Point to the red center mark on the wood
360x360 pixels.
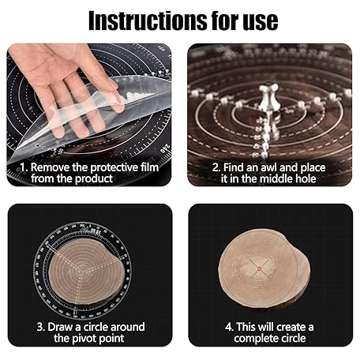pyautogui.click(x=259, y=268)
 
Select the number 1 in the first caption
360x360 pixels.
pyautogui.click(x=24, y=167)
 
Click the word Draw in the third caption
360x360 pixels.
pyautogui.click(x=60, y=327)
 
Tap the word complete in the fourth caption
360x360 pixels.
pyautogui.click(x=256, y=339)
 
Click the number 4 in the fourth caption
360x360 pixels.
pyautogui.click(x=228, y=327)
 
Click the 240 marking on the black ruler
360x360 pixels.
pyautogui.click(x=166, y=149)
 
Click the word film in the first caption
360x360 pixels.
pyautogui.click(x=149, y=167)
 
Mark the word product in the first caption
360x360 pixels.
pyautogui.click(x=94, y=179)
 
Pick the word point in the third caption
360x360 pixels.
pyautogui.click(x=112, y=339)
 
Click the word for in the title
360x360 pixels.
pyautogui.click(x=225, y=21)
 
